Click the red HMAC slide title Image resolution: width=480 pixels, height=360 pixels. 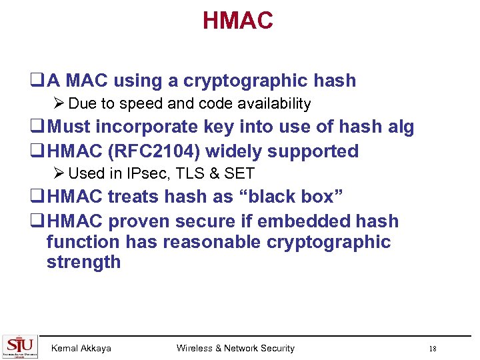[x=238, y=21]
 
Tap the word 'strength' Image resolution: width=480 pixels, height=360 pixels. [x=83, y=262]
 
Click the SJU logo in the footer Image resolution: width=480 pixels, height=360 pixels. [x=21, y=346]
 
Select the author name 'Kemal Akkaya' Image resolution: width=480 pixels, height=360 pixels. [x=81, y=348]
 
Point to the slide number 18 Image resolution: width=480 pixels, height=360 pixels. [x=433, y=349]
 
